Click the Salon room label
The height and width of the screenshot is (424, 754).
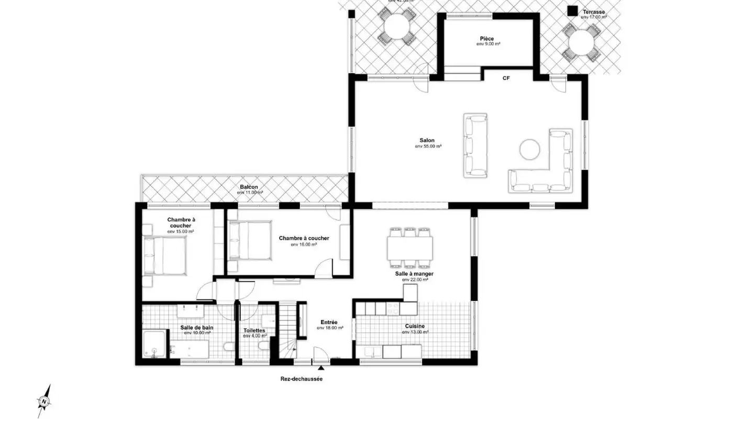(x=427, y=140)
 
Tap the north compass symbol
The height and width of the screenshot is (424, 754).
(x=45, y=401)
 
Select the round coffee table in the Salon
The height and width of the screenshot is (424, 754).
(x=530, y=149)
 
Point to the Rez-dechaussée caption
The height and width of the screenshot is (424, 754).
(x=301, y=379)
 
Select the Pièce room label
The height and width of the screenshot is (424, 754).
(x=487, y=39)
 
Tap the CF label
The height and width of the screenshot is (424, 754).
(x=506, y=78)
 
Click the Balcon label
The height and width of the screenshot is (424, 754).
(x=249, y=187)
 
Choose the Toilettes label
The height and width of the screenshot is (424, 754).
(x=254, y=330)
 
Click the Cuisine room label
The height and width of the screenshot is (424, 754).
(x=414, y=326)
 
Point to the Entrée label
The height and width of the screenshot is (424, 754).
(x=329, y=322)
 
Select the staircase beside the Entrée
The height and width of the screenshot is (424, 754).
(x=287, y=330)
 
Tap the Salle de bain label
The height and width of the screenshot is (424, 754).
(x=197, y=328)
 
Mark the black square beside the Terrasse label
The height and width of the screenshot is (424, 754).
(x=573, y=10)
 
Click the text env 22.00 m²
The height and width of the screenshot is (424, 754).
(x=415, y=280)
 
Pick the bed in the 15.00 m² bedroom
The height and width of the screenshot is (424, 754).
(x=166, y=255)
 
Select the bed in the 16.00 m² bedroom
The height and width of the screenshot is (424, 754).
(x=250, y=240)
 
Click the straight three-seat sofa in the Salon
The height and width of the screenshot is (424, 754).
(x=475, y=145)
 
